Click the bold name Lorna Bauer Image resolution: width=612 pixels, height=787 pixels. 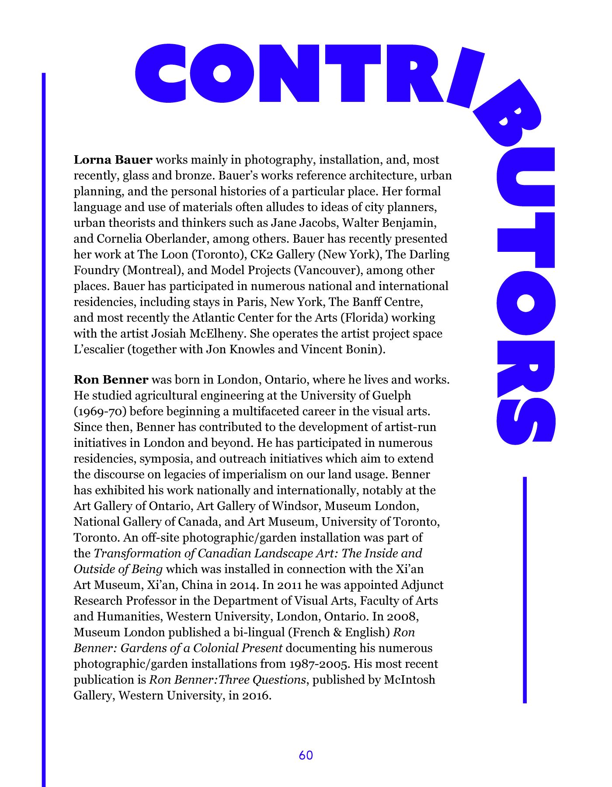(113, 160)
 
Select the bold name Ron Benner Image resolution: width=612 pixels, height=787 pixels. (111, 380)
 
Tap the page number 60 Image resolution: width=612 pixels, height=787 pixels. (306, 755)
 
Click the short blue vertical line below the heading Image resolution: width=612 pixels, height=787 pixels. (525, 590)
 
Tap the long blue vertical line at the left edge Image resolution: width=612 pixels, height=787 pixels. (44, 428)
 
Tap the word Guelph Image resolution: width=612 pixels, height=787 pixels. (392, 395)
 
